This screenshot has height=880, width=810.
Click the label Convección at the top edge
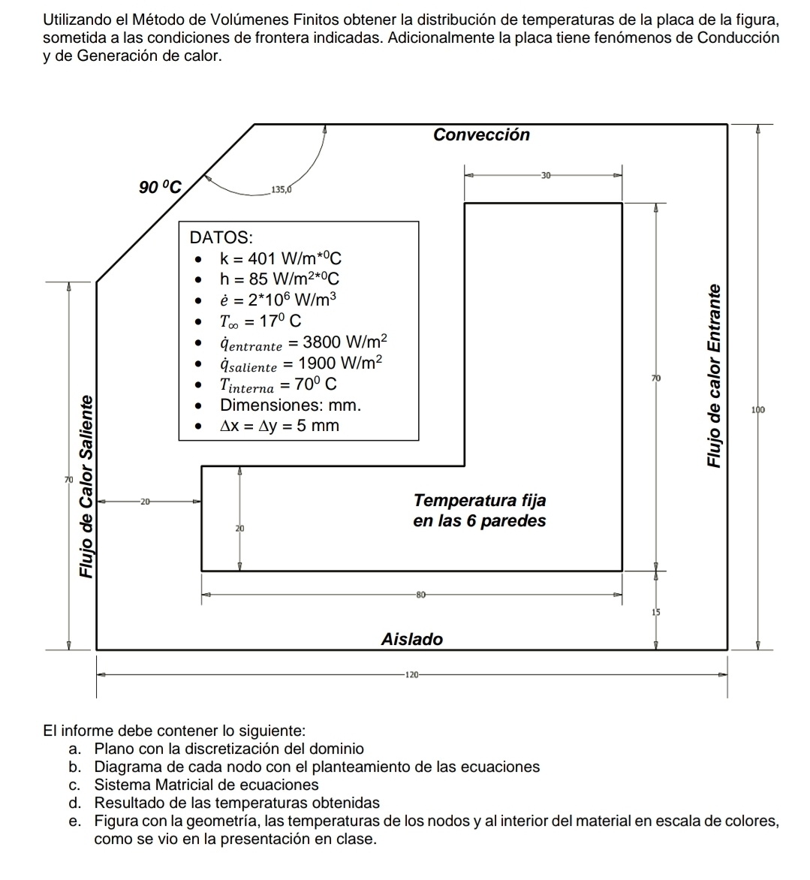[481, 134]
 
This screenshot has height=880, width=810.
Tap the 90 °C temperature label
[161, 188]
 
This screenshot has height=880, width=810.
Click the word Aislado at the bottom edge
[412, 640]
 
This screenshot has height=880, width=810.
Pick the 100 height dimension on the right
[757, 410]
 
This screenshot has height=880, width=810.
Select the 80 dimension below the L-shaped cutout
[420, 595]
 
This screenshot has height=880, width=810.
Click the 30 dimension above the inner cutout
[546, 175]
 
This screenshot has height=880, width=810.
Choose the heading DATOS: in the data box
[221, 237]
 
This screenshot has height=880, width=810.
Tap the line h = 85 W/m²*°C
[279, 279]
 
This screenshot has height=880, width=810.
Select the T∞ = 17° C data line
[260, 321]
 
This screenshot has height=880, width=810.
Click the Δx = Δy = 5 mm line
[279, 426]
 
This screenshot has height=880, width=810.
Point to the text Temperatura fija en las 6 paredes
[480, 511]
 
